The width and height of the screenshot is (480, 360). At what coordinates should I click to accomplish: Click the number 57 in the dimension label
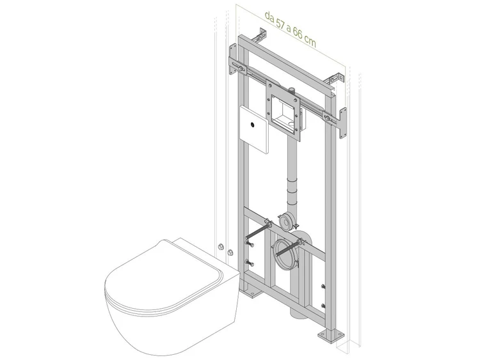pos(280,23)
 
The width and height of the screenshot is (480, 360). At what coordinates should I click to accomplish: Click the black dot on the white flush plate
pos(253,124)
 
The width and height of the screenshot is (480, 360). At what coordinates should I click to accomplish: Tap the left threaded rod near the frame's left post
pos(258,231)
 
